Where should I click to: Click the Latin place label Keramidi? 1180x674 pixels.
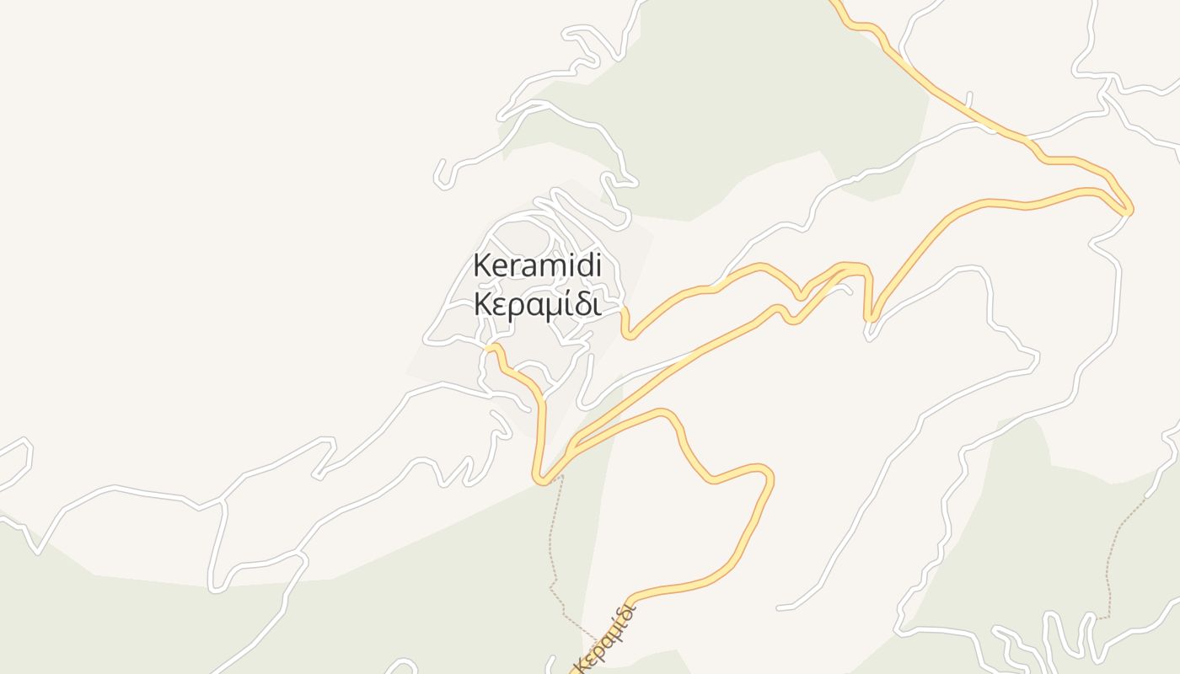coord(537,265)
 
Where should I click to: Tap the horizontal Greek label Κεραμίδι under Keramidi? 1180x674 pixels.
coord(537,305)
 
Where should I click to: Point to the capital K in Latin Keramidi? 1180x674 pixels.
coord(482,265)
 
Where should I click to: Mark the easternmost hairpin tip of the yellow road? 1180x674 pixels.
coord(1129,210)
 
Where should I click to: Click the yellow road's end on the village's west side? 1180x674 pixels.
coord(489,346)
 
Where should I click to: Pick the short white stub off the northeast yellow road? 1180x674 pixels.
coord(969,99)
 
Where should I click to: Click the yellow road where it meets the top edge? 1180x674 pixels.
coord(834,3)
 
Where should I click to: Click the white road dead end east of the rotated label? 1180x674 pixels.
coord(780,607)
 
